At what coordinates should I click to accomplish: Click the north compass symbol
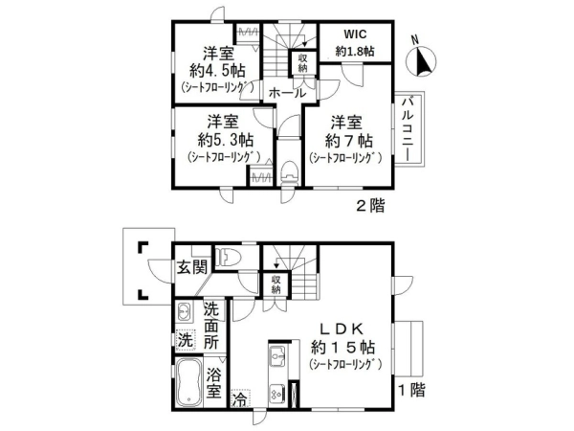point(421,61)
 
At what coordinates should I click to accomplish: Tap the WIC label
point(355,34)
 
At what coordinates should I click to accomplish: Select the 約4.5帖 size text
point(218,70)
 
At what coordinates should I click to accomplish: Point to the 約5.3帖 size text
point(226,140)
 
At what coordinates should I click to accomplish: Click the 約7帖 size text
point(349,141)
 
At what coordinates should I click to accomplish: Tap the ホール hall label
point(287,93)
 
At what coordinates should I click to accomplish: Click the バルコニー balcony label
point(408,128)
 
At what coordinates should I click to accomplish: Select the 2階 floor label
point(370,206)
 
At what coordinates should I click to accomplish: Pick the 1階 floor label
point(411,390)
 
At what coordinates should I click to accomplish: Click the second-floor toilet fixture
point(290,171)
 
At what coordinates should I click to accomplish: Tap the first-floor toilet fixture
point(228,256)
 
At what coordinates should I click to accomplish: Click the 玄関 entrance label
point(192,267)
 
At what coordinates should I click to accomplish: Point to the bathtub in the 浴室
point(188,382)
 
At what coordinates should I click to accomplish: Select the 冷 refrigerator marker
point(240,398)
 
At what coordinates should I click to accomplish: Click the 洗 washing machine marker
point(186,340)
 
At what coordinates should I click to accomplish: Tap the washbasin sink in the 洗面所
point(184,312)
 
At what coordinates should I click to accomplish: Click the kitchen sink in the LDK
point(277,355)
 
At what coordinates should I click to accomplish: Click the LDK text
point(342,329)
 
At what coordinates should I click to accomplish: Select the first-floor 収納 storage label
point(276,284)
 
